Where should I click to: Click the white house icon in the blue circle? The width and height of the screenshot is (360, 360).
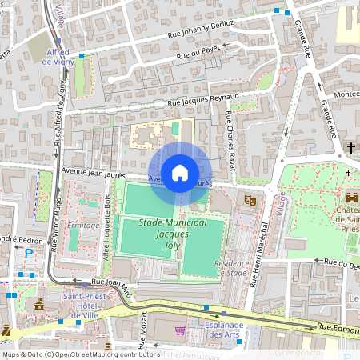(180, 172)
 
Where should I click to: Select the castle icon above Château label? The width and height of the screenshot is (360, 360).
(351, 197)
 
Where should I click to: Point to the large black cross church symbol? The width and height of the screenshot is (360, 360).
(351, 147)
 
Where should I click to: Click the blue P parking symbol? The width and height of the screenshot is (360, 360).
(29, 254)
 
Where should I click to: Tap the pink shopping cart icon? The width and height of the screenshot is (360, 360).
(180, 330)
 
